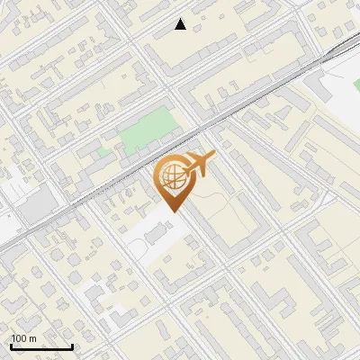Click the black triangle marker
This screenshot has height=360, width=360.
[x=181, y=24]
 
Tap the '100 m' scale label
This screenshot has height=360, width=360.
[x=24, y=338]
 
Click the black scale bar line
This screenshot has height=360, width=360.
[x=41, y=346]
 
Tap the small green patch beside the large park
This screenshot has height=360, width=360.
[x=105, y=152]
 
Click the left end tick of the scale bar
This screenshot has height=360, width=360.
[x=11, y=346]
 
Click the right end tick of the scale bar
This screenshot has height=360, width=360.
[x=72, y=346]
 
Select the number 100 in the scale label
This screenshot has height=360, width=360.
[x=20, y=338]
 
